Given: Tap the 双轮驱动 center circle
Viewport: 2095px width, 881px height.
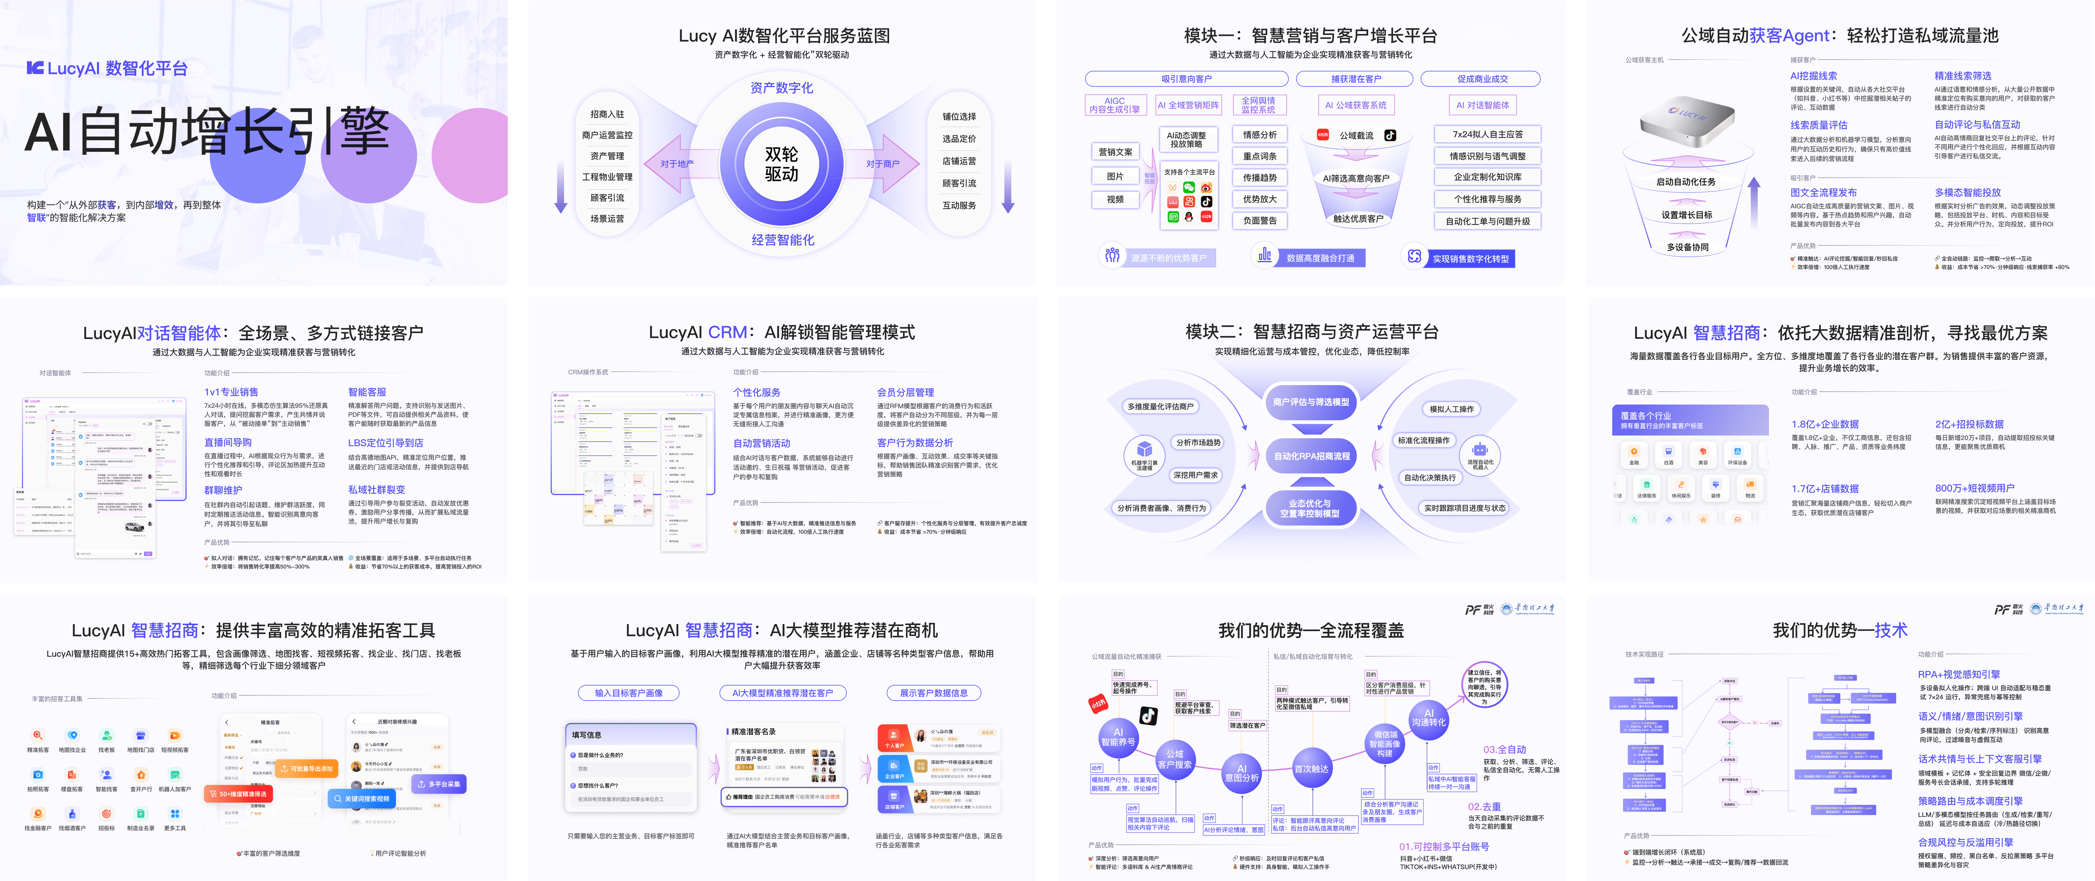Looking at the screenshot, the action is (781, 163).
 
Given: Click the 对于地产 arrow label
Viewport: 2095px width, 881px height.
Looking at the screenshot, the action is (677, 163).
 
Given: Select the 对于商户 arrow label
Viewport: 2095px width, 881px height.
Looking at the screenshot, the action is (882, 163).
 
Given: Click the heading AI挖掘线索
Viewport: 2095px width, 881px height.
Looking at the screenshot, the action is (1814, 76).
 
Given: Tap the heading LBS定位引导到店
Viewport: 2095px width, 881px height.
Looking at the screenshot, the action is (386, 442).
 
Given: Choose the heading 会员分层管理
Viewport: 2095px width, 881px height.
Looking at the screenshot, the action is (905, 392).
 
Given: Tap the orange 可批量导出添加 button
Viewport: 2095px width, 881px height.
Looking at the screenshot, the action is (307, 768).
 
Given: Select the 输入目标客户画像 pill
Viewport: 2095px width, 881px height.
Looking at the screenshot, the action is (629, 693).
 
